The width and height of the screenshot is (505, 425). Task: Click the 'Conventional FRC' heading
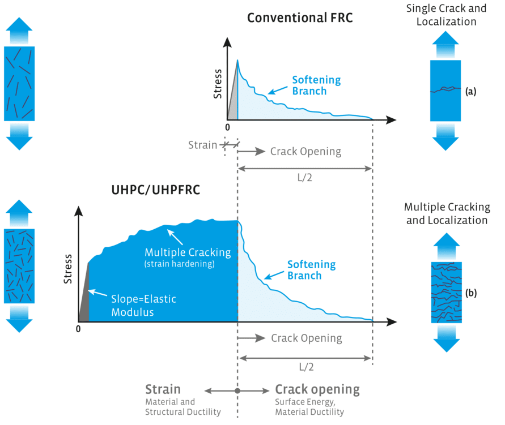click(x=299, y=18)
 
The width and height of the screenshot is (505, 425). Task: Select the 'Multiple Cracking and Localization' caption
click(x=448, y=213)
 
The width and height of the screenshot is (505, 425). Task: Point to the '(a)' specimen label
click(x=470, y=91)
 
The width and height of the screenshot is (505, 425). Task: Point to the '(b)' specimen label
click(x=470, y=293)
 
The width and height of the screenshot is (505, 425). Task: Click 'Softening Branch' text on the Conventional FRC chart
click(x=316, y=85)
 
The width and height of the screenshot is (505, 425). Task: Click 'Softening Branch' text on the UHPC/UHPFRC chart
click(x=311, y=270)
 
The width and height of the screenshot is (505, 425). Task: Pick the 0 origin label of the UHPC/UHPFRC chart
click(x=79, y=329)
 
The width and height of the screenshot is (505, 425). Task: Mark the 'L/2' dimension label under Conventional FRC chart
click(x=304, y=177)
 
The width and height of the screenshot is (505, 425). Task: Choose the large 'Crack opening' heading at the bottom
click(x=317, y=389)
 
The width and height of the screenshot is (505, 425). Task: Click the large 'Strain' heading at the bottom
click(x=163, y=389)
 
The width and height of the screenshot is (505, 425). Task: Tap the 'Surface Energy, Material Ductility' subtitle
click(x=309, y=407)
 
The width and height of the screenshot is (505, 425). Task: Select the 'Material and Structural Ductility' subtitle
click(x=182, y=407)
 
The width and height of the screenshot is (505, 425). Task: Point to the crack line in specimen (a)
click(x=445, y=89)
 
